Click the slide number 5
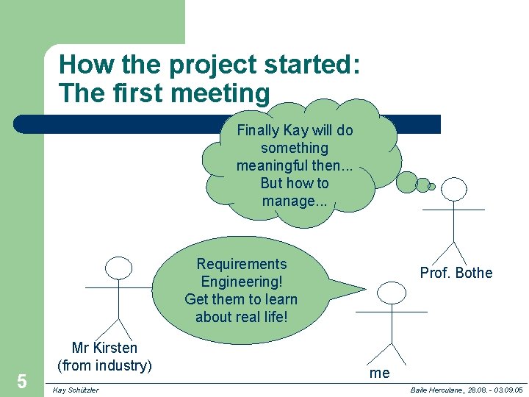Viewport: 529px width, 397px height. pyautogui.click(x=22, y=381)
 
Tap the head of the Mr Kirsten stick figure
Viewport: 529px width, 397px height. pyautogui.click(x=118, y=268)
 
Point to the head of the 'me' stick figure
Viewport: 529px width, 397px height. pyautogui.click(x=392, y=293)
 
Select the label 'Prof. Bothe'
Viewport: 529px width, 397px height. pyautogui.click(x=456, y=273)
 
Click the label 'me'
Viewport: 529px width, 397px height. pyautogui.click(x=380, y=373)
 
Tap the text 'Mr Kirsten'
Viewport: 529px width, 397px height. pyautogui.click(x=104, y=348)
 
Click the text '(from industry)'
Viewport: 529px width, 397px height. pyautogui.click(x=104, y=365)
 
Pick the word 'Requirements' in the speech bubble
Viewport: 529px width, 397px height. pyautogui.click(x=242, y=264)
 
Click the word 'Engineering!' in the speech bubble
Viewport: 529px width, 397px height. pyautogui.click(x=242, y=282)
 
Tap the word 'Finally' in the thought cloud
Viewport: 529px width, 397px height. pyautogui.click(x=258, y=130)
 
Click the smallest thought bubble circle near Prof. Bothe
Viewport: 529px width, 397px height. pyautogui.click(x=432, y=187)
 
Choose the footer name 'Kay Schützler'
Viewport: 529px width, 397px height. pyautogui.click(x=76, y=390)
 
